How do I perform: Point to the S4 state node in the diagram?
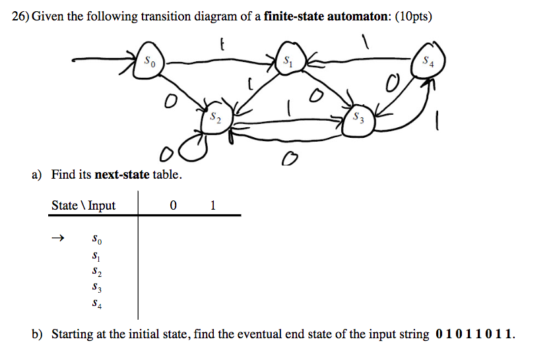point(430,61)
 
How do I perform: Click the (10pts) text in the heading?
point(414,16)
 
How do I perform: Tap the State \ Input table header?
point(83,205)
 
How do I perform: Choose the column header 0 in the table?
point(172,205)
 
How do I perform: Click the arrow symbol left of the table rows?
point(59,238)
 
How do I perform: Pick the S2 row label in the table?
point(97,272)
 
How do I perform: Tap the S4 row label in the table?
point(97,305)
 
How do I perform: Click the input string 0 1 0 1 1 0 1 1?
point(473,334)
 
